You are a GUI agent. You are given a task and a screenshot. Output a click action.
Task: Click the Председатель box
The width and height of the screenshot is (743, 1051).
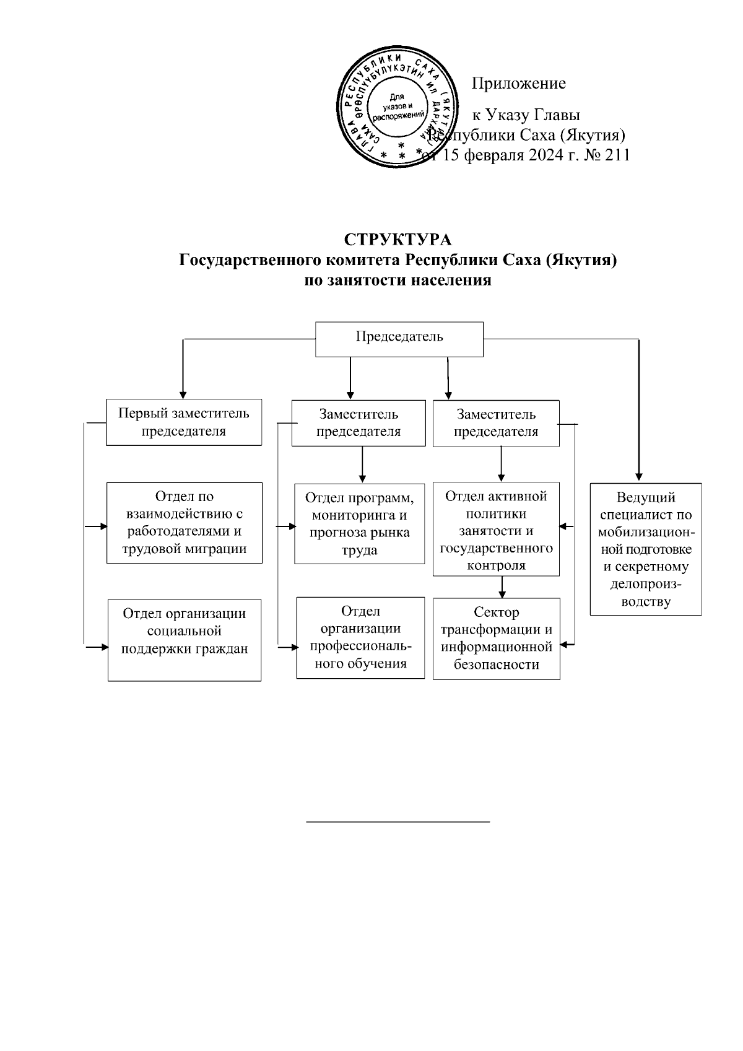coord(399,339)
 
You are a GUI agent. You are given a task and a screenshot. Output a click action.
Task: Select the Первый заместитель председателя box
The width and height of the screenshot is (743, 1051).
coord(184,422)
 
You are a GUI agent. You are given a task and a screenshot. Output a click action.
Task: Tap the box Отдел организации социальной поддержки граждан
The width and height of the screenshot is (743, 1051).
coord(185,639)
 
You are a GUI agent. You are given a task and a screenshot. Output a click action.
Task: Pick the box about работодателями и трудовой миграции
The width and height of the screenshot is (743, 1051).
coord(185,522)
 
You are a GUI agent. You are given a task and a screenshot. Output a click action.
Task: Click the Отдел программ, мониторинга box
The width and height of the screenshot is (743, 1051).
coord(360,523)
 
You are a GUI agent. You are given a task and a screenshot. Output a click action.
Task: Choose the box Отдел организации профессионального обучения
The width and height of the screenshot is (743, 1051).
coord(360,637)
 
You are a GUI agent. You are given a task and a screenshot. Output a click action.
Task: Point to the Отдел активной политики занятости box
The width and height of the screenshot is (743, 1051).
coord(496,530)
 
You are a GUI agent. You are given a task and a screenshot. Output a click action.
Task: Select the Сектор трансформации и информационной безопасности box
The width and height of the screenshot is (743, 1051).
coord(496,639)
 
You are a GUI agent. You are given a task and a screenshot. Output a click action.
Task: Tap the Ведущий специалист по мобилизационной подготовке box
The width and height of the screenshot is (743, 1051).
coord(645,549)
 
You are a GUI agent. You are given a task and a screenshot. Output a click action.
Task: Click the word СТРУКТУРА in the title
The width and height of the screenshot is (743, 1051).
coord(398,240)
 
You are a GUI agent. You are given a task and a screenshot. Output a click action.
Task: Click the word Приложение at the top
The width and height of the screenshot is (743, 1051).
coord(519,84)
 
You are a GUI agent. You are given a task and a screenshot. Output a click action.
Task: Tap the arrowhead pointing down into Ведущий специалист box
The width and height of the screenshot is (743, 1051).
coord(638,478)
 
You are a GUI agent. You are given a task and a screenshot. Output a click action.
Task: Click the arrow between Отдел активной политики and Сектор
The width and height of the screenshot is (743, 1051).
coord(503,587)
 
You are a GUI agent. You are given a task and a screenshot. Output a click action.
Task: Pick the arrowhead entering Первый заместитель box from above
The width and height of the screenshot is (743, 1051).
coord(183,393)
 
